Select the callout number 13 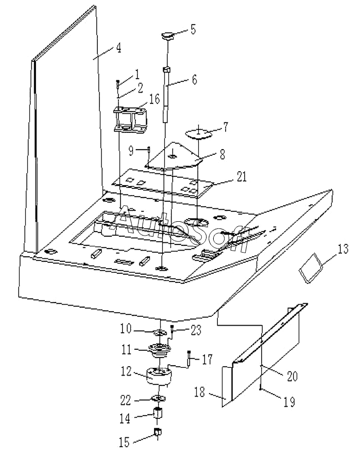[343, 251]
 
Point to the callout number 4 [118, 48]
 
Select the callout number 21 [241, 177]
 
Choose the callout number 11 [126, 349]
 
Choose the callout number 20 [292, 377]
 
